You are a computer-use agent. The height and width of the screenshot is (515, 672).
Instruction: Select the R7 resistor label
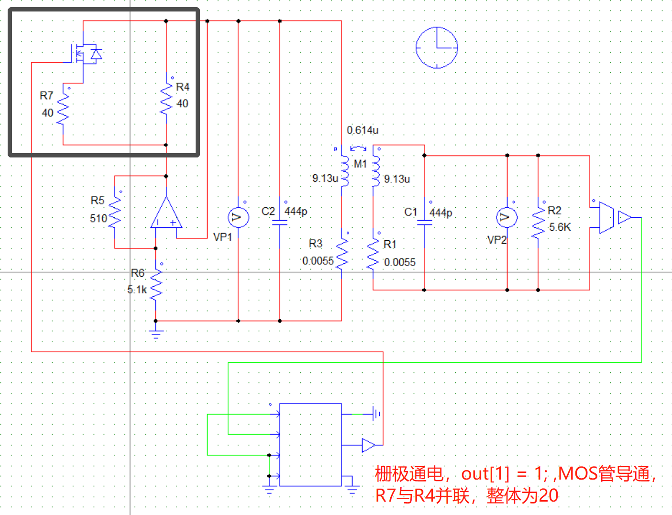[x=46, y=96]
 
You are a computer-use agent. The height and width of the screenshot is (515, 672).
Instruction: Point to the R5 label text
[x=98, y=201]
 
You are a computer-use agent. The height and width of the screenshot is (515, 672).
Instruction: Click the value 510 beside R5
[x=99, y=219]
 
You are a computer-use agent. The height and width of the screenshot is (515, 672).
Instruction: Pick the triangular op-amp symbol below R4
[x=166, y=214]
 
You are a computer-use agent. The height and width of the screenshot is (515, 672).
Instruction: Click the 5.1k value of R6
[x=137, y=290]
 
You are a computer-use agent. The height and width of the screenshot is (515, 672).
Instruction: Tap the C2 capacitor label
[x=268, y=212]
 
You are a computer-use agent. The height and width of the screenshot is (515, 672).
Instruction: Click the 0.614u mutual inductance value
[x=363, y=130]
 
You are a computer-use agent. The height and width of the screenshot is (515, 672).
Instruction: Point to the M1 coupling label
[x=360, y=164]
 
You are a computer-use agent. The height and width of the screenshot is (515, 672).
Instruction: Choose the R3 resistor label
[x=316, y=244]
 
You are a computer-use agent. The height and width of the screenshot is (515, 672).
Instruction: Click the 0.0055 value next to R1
[x=400, y=262]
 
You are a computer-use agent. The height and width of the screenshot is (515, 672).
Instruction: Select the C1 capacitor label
[x=411, y=212]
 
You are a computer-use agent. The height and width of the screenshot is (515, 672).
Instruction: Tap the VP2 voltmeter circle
[x=507, y=218]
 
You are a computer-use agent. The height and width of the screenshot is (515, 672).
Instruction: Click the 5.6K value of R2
[x=560, y=227]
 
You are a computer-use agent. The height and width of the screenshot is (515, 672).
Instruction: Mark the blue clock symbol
[x=437, y=48]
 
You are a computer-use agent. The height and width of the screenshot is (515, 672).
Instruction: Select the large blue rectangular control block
[x=310, y=445]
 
